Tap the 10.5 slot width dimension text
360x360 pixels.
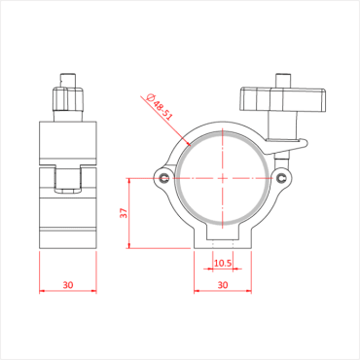tap(222, 263)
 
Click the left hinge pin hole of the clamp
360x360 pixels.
tap(164, 178)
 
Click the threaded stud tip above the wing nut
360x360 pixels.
tap(283, 79)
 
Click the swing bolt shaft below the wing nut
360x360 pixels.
tap(283, 131)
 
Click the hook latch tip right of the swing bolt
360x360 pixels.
tap(305, 145)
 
